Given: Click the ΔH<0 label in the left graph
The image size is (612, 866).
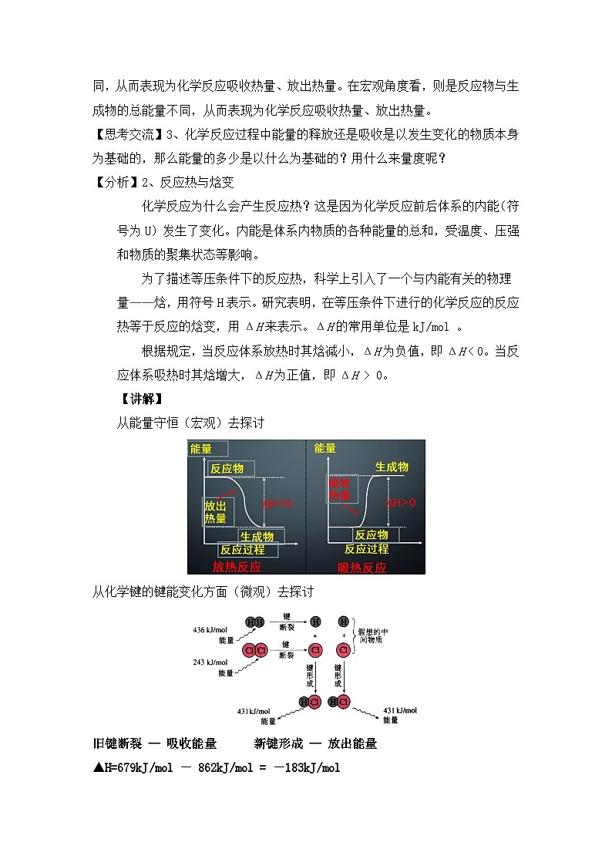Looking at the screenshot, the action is click(x=277, y=504).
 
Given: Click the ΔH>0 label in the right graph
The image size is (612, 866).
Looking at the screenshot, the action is click(x=402, y=503).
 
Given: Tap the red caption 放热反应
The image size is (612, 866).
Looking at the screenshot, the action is click(x=237, y=567).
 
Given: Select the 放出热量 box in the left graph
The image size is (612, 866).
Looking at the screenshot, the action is click(x=216, y=511).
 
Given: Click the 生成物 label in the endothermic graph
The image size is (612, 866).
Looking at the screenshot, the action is click(x=392, y=467).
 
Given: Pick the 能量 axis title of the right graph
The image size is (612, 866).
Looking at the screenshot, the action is click(x=325, y=448).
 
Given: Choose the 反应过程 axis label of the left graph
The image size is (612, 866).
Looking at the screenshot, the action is click(x=242, y=550).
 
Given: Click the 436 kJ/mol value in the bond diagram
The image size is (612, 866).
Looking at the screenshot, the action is click(x=210, y=630).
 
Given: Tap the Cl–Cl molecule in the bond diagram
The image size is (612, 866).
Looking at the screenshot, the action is click(x=255, y=650).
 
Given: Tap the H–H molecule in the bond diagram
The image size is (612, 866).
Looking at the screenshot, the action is click(x=254, y=622).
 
